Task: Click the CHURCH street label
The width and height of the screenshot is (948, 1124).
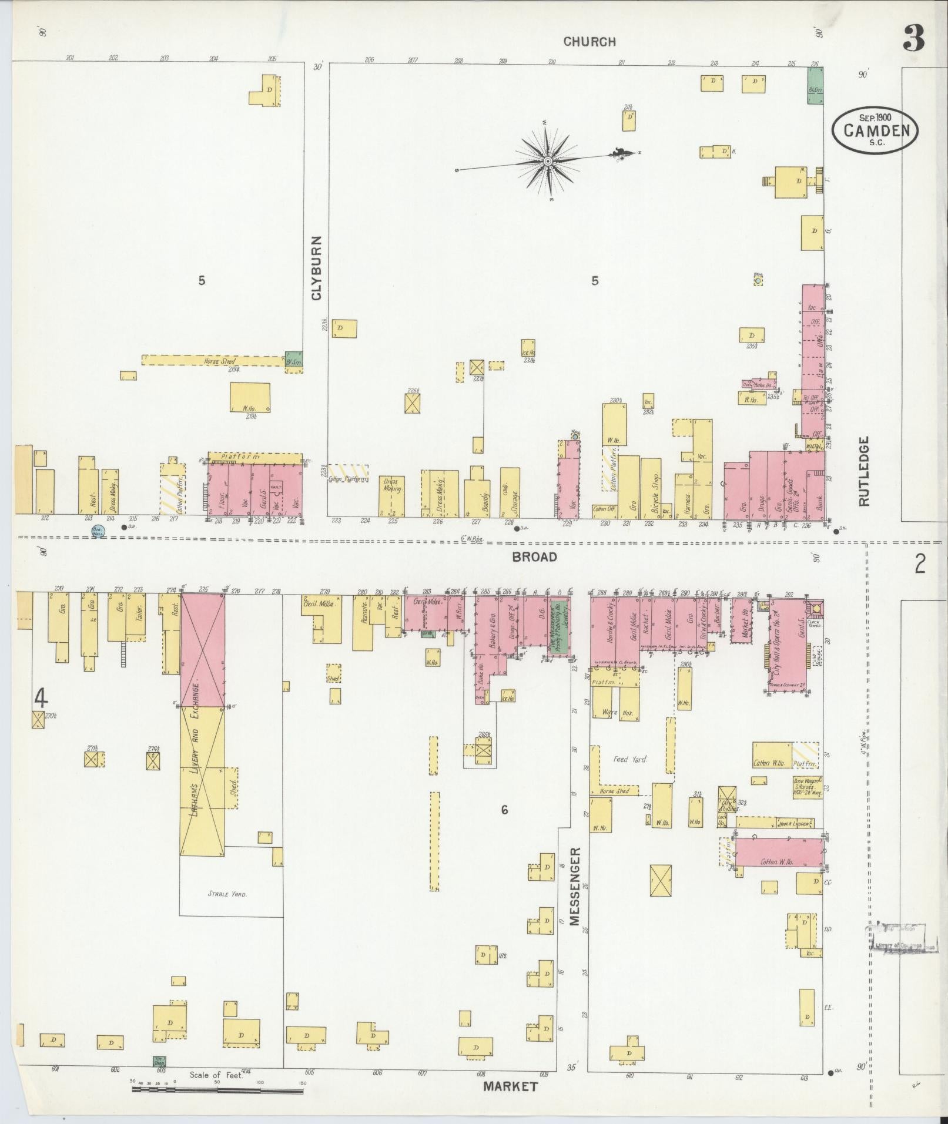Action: click(x=589, y=42)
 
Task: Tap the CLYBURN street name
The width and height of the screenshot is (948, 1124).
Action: click(x=317, y=268)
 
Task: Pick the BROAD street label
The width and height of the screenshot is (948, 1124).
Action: click(x=534, y=556)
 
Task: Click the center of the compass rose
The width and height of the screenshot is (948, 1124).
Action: click(x=547, y=160)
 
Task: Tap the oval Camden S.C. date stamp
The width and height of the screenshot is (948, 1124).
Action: click(x=875, y=130)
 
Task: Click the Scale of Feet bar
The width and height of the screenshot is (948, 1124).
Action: click(x=217, y=1090)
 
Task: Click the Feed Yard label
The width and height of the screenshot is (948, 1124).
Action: click(x=630, y=759)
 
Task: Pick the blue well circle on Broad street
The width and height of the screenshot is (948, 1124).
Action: click(x=98, y=531)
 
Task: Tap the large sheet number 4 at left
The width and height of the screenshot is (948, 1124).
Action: click(x=40, y=698)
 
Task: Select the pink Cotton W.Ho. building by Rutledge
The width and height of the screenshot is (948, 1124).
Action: click(x=778, y=851)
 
